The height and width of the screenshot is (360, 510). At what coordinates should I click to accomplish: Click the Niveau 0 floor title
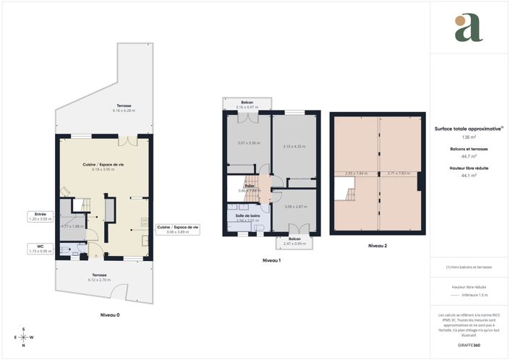110,316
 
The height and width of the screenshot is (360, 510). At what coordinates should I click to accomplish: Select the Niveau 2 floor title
378,246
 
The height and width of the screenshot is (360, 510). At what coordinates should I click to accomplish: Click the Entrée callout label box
41,217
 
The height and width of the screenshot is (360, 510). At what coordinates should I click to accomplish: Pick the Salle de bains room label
248,216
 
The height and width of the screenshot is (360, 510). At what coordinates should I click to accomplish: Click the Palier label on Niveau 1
250,187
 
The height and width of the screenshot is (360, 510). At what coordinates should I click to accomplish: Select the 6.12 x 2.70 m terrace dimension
100,278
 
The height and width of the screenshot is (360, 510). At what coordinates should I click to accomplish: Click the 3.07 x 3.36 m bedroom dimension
250,142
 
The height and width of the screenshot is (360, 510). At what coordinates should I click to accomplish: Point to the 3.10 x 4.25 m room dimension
294,147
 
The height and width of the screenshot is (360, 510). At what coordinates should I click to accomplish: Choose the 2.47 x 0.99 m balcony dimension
294,243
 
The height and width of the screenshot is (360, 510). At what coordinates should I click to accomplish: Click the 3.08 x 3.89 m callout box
177,230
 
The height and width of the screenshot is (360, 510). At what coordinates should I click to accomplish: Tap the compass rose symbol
23,338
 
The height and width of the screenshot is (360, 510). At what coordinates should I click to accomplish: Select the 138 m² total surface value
469,137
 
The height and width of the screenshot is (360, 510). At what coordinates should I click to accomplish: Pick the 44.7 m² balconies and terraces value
469,156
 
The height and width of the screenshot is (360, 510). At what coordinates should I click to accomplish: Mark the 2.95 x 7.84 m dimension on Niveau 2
356,173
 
